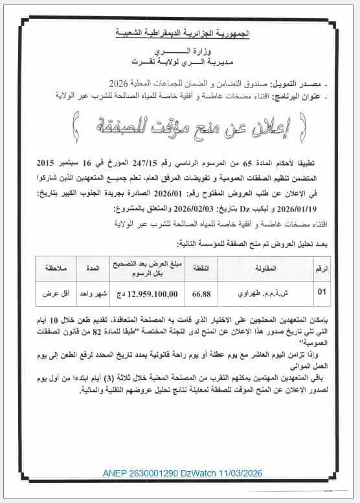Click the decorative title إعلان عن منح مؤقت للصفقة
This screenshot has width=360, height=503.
tap(180, 121)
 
